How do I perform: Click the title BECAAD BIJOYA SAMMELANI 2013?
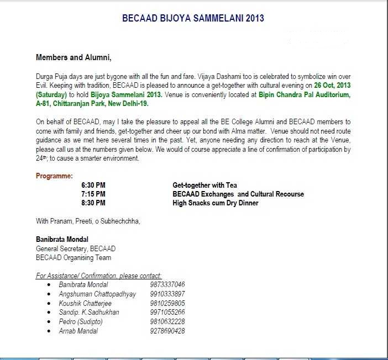[x=193, y=18]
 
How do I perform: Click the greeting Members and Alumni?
[x=74, y=57]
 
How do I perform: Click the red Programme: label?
[x=54, y=176]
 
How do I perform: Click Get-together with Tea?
[x=205, y=186]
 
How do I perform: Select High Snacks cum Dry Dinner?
[x=216, y=203]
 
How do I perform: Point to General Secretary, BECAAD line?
[x=76, y=249]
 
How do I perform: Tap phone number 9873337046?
[x=167, y=284]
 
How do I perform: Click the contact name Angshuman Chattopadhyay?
[x=97, y=294]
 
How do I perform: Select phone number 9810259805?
[x=167, y=303]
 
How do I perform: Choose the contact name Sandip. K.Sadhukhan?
[x=89, y=313]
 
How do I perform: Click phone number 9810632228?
[x=167, y=322]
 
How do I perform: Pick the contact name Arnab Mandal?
[x=78, y=331]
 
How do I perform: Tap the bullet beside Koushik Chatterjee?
[x=50, y=303]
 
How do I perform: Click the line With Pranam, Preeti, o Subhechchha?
[x=88, y=221]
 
